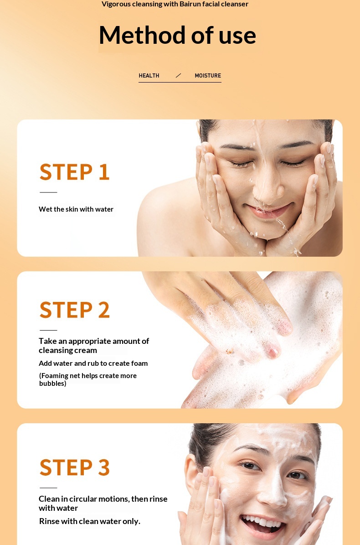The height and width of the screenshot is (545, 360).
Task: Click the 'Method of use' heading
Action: coord(177,35)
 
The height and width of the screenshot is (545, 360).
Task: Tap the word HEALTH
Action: coord(149,75)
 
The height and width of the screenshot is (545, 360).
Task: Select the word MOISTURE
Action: coord(208,75)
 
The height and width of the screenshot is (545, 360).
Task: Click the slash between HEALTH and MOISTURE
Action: coord(179,75)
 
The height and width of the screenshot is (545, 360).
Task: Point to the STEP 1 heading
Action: coord(75,172)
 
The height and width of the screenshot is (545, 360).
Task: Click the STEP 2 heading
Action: coord(75,310)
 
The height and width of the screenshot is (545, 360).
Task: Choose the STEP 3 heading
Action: coord(75,467)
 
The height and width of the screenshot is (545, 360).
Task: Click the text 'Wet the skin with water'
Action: coord(76,209)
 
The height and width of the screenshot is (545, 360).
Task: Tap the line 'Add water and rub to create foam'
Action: coord(93,363)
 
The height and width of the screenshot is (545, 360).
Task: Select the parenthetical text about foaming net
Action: coord(88,379)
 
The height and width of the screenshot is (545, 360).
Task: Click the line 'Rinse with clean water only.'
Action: coord(90,521)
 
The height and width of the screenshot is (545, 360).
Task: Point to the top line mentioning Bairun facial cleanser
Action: coord(175,4)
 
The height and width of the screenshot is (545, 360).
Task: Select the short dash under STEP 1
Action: coord(48,192)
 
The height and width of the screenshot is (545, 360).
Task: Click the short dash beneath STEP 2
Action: coord(48,330)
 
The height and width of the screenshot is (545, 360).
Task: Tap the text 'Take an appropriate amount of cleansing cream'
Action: coord(94,346)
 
